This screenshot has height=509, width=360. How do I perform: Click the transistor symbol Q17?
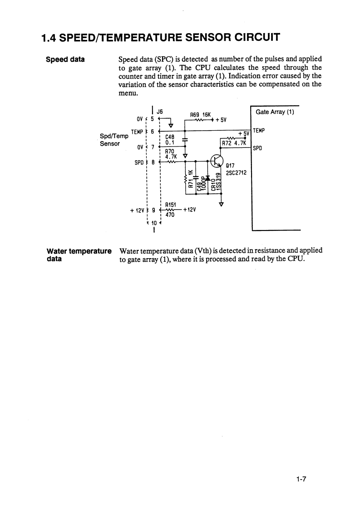click(x=217, y=161)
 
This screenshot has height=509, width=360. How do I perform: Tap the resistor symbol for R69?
click(x=197, y=120)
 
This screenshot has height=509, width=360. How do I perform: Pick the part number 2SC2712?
click(x=236, y=172)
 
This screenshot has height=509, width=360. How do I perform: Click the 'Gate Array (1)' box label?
click(x=275, y=112)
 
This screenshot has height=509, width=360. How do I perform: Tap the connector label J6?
click(x=159, y=111)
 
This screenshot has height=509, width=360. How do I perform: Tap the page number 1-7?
click(x=301, y=479)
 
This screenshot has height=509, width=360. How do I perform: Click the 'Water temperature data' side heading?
click(x=79, y=254)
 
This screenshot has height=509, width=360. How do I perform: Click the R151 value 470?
click(x=170, y=216)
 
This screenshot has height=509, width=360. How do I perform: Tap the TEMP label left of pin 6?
click(x=137, y=132)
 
